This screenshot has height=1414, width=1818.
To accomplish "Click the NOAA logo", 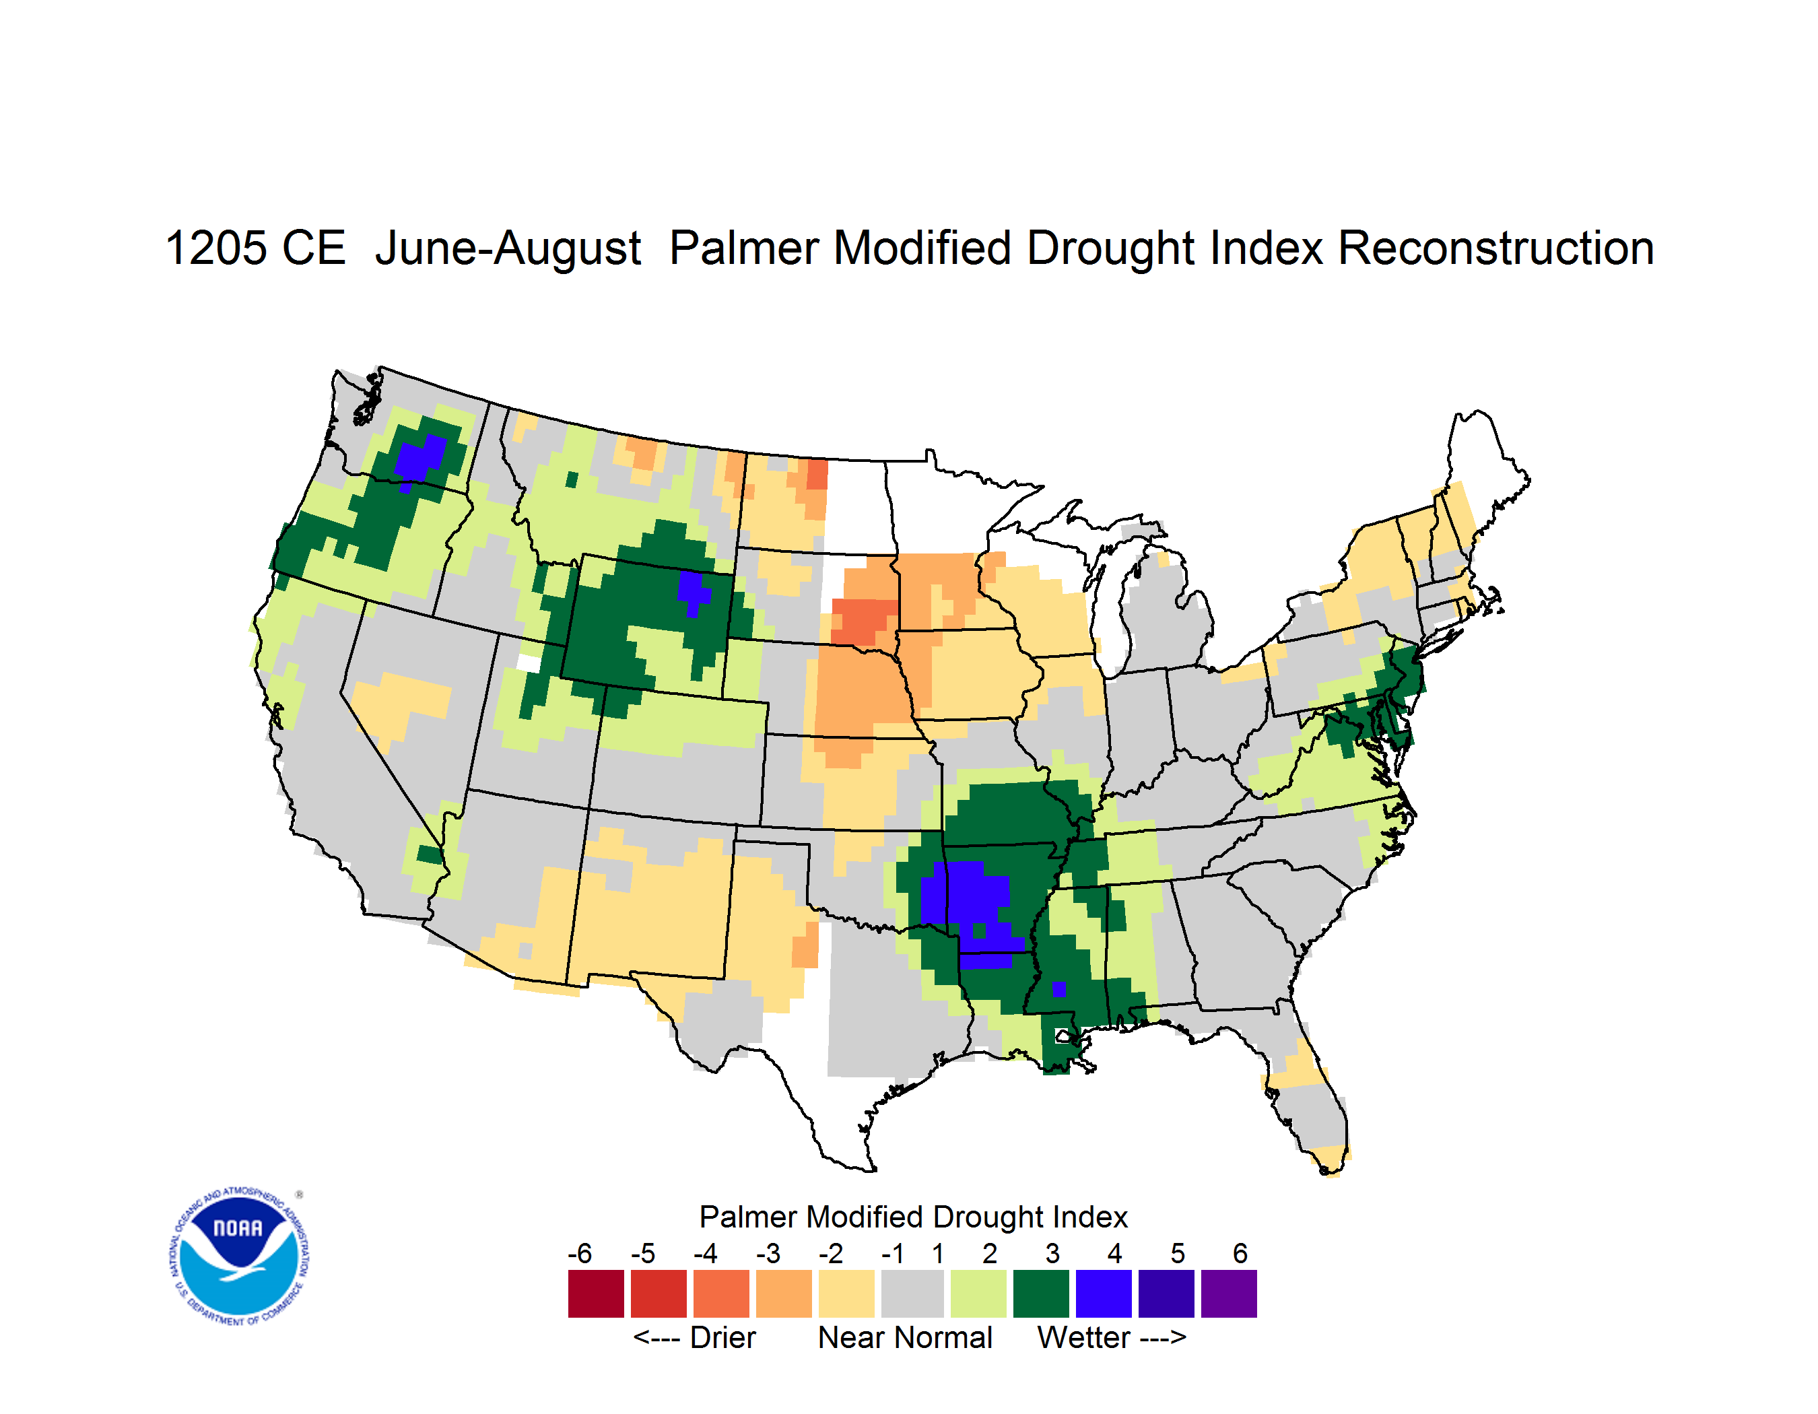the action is pyautogui.click(x=239, y=1256).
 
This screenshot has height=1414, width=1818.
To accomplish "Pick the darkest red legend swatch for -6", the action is pyautogui.click(x=596, y=1293).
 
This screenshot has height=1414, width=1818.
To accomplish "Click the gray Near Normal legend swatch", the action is pyautogui.click(x=912, y=1293).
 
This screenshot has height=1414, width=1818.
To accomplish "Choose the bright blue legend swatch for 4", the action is pyautogui.click(x=1104, y=1293).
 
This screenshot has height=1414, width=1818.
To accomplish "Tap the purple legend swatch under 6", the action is pyautogui.click(x=1229, y=1293).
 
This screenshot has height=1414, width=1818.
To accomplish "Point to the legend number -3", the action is pyautogui.click(x=768, y=1253).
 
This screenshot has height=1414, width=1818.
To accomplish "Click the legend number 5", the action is pyautogui.click(x=1178, y=1253).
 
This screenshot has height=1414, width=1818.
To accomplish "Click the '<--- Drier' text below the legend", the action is pyautogui.click(x=694, y=1337).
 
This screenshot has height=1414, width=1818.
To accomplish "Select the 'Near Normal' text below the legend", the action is pyautogui.click(x=905, y=1337).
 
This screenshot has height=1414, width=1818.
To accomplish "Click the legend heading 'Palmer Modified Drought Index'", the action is pyautogui.click(x=913, y=1217).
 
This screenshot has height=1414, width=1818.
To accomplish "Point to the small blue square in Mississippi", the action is pyautogui.click(x=1059, y=988).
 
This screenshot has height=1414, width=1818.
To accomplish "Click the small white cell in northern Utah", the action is pyautogui.click(x=529, y=663).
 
